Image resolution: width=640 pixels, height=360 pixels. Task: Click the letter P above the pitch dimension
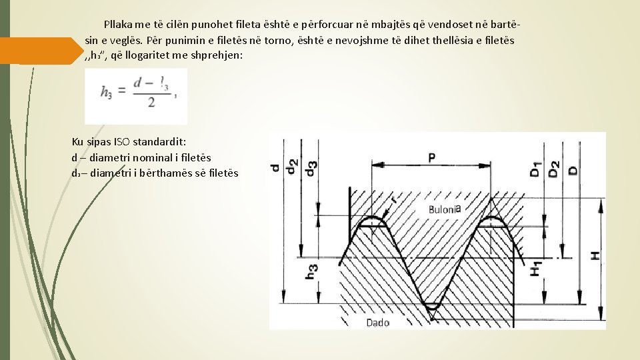coord(432,157)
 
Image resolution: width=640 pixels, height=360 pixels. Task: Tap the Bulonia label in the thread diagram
coord(443,209)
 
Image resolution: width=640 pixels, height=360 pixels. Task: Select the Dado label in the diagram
coord(377,323)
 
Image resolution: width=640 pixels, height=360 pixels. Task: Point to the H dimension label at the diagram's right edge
coord(595,255)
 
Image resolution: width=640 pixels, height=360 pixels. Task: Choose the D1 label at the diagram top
coord(535,169)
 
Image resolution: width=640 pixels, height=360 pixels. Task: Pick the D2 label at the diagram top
coord(553,169)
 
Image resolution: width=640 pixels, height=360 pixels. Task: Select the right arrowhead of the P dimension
coord(488,164)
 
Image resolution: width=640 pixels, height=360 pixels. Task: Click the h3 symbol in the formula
coord(107,94)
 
